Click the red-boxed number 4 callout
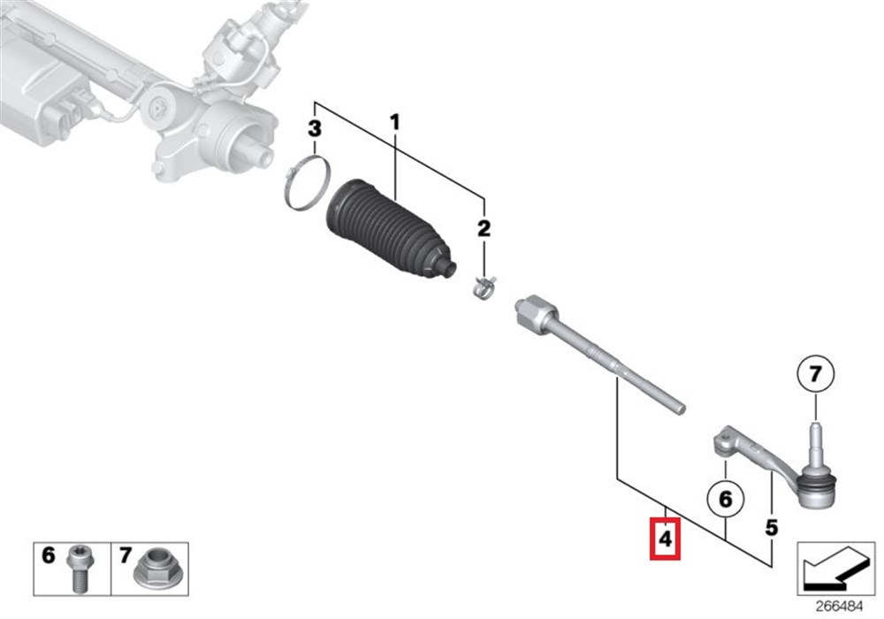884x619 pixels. (666, 539)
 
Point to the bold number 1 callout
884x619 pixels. (394, 122)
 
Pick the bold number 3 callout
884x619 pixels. (315, 128)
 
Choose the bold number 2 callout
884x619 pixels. (484, 228)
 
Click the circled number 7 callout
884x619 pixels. (816, 374)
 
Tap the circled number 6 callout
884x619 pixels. (726, 499)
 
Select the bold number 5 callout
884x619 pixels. (771, 528)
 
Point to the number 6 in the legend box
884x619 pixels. (49, 556)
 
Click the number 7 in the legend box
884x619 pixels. (126, 556)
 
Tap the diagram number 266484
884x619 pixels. (840, 607)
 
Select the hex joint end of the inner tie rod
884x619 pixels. (536, 312)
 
